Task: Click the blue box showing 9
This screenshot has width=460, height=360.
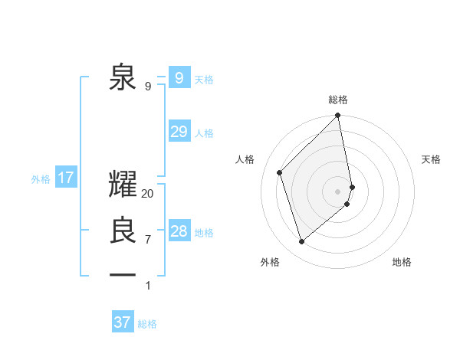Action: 179,77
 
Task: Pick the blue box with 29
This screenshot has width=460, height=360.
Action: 179,131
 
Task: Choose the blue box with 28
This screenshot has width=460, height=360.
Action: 179,231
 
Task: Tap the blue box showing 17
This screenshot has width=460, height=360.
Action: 66,178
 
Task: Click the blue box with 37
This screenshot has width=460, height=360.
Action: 123,322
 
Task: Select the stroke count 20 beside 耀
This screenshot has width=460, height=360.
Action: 148,195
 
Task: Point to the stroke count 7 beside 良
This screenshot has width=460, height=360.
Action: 148,240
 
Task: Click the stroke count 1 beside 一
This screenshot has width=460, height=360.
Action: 148,286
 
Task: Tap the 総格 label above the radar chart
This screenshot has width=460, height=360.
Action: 338,100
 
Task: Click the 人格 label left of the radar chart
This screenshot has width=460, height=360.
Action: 245,159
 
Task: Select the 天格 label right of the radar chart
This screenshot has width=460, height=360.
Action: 431,159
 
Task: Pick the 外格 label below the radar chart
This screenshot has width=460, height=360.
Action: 270,262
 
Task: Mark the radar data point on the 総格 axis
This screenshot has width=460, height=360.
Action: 338,116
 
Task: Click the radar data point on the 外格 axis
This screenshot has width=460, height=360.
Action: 302,242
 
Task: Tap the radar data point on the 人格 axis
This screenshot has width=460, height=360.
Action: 280,172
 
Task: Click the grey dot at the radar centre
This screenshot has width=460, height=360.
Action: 338,191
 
